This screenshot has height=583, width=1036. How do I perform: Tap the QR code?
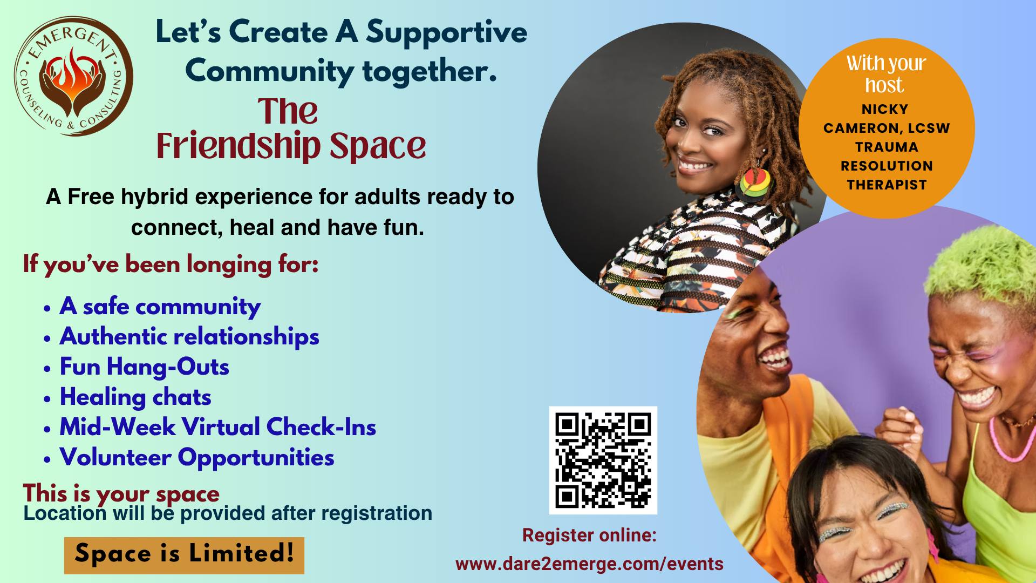coord(603,460)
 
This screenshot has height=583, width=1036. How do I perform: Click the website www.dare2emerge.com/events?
coord(589,564)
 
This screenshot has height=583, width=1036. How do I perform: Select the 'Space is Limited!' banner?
coord(184,554)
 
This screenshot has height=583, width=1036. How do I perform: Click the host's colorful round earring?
coord(753,184)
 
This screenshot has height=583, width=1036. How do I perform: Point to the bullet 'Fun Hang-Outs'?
coord(144,367)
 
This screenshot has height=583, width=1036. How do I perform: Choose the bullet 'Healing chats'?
coord(135,397)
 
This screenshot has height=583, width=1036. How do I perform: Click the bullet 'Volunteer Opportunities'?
coord(196,458)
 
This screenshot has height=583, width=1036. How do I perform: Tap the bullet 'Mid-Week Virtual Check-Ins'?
coord(217,428)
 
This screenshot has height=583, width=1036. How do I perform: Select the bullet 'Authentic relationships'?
coord(189,337)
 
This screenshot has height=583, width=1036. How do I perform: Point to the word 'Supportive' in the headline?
coord(446,32)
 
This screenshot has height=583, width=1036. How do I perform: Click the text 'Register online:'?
coord(589,535)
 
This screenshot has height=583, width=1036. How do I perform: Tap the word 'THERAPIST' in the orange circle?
coord(887,185)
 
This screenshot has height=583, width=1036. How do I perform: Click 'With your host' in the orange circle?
coord(885,74)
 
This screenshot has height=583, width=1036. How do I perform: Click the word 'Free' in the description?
coord(91,197)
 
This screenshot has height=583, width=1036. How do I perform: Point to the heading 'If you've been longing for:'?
coord(171,265)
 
